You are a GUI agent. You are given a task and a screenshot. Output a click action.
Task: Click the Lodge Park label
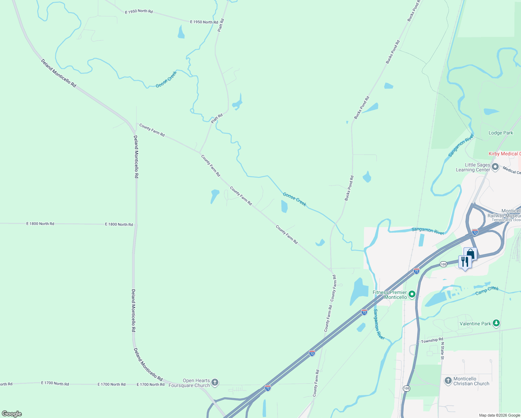point(501,133)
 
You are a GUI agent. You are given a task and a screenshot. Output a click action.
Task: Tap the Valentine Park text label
point(475,324)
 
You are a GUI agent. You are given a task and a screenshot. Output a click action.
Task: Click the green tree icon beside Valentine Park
point(496,324)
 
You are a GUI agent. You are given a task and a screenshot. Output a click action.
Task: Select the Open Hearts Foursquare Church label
point(189,383)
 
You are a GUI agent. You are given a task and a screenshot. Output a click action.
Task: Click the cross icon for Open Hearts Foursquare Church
point(215,382)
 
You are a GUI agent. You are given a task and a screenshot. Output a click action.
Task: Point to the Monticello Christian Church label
point(471,381)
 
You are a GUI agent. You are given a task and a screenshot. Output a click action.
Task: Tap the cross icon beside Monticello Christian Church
point(448,381)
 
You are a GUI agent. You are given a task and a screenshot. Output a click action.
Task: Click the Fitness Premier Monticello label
point(390,295)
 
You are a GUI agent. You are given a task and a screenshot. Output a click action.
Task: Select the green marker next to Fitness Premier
point(412,295)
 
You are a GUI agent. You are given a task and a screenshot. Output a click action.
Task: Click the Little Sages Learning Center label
point(473,167)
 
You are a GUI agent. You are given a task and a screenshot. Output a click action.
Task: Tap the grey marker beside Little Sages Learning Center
point(496,167)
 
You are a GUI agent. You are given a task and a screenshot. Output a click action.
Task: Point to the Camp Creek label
point(487,291)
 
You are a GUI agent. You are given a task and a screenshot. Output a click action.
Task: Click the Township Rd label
point(432,340)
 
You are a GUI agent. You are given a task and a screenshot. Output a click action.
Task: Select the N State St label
point(442,350)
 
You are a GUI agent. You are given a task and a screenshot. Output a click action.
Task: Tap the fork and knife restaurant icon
point(465,261)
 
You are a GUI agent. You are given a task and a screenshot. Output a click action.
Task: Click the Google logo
point(12,413)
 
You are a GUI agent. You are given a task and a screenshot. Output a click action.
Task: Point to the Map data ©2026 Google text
point(499,415)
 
